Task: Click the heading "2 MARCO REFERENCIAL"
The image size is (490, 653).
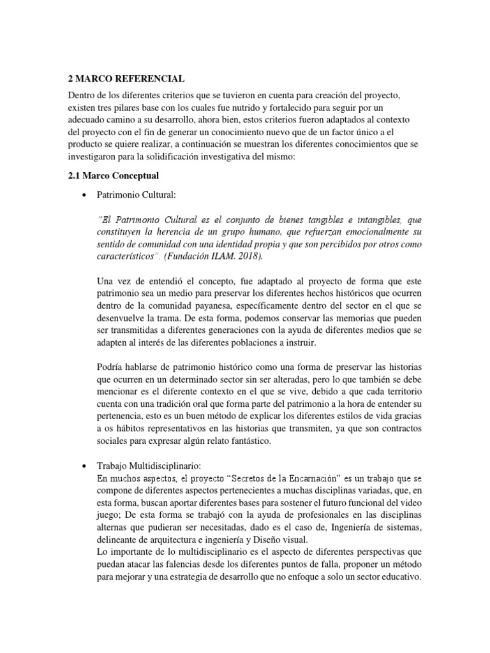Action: coord(126,79)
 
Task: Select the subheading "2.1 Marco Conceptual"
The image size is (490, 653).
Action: coord(113,176)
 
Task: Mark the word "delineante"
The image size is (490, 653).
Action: coord(119,538)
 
